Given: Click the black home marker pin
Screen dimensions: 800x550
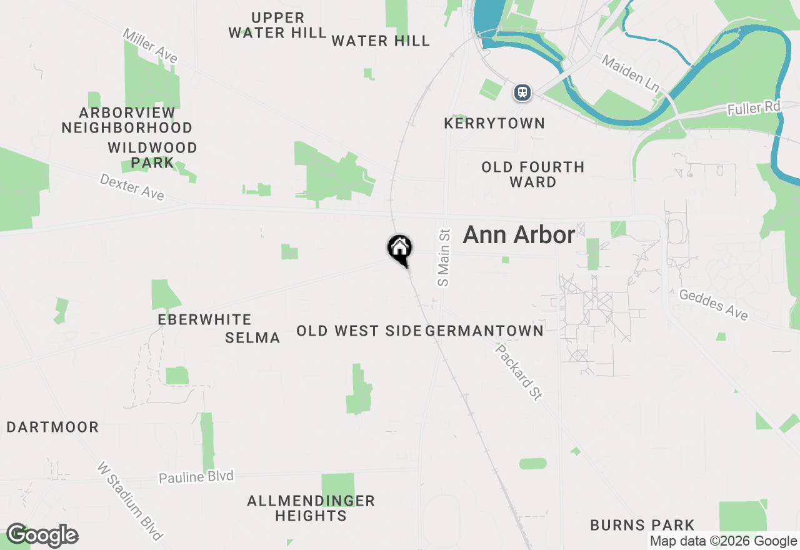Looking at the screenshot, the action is [x=399, y=249].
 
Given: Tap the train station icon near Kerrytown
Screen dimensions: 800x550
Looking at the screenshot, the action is [x=522, y=93].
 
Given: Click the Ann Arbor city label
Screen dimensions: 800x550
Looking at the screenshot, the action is [x=519, y=235].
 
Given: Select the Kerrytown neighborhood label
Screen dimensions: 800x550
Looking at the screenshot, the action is [x=494, y=124].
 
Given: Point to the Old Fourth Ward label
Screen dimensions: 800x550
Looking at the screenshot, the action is [x=532, y=174].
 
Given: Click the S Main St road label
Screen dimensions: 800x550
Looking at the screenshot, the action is [x=444, y=257].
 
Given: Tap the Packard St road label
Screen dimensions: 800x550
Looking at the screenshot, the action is [x=518, y=371].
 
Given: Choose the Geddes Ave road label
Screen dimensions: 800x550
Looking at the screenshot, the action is [x=713, y=305].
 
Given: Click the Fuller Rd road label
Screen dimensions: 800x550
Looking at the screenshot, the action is [x=754, y=109].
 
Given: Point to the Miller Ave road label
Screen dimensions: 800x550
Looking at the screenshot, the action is [x=150, y=46].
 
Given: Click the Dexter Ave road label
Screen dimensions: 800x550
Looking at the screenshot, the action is [x=132, y=187].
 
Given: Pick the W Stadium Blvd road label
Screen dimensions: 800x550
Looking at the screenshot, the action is [x=130, y=501].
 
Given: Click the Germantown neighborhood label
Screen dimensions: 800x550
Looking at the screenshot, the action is [x=484, y=331].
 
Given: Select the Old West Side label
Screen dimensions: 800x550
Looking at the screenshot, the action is [x=359, y=331].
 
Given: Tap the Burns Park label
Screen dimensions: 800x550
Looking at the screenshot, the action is [x=642, y=525].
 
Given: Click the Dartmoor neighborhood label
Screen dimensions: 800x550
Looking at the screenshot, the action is [x=52, y=427].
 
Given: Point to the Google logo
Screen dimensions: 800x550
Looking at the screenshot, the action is [x=42, y=536].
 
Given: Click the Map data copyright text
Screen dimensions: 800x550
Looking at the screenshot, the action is [x=723, y=541].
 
